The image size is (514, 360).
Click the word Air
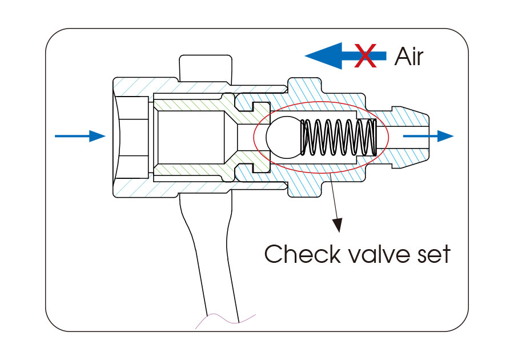click(408, 57)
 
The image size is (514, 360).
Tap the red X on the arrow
click(366, 55)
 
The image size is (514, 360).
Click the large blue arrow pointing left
click(343, 55)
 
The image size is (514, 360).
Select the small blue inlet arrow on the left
click(80, 136)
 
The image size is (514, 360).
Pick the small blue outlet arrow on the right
click(428, 136)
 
